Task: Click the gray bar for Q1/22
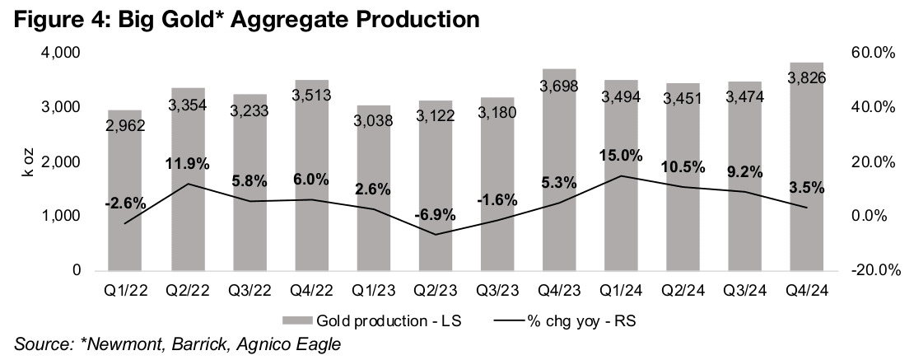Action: point(124,189)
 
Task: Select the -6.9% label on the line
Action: point(434,214)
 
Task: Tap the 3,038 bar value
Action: point(373,123)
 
